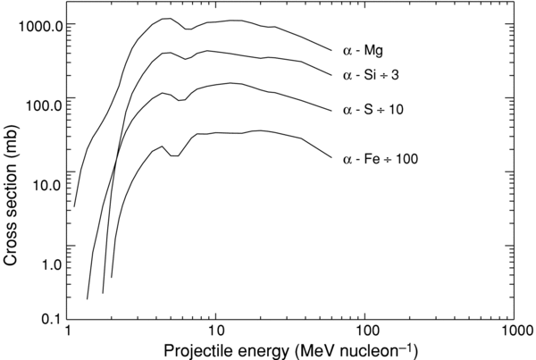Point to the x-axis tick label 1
68,332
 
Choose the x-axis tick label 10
215,332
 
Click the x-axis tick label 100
364,332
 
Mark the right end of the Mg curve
331,51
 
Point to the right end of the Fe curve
331,159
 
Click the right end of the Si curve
331,77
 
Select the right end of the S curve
331,111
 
